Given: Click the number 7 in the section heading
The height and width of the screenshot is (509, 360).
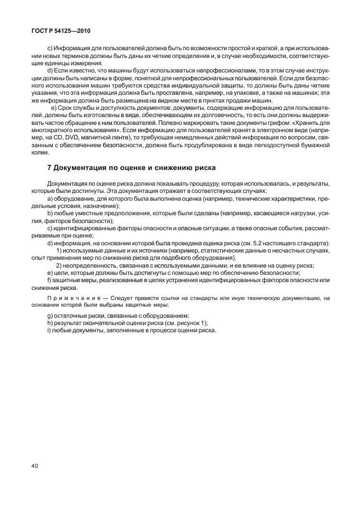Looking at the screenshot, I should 50,167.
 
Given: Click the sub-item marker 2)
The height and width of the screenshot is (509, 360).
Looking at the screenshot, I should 59,265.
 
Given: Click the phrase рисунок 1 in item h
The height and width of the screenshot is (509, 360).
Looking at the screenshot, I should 182,323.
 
